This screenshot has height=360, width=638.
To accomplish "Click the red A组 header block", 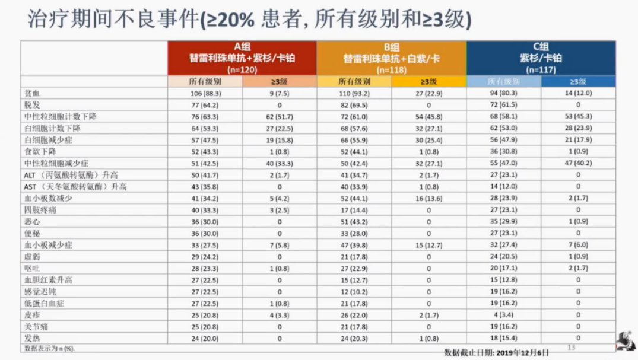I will click(x=242, y=58).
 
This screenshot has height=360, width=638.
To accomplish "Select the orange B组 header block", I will click(x=391, y=58).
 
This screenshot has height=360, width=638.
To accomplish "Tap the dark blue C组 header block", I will click(x=540, y=58).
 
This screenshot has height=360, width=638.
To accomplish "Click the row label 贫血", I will click(x=33, y=93).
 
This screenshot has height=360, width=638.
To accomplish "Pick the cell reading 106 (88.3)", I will click(x=205, y=93).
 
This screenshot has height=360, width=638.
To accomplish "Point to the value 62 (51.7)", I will click(x=279, y=117).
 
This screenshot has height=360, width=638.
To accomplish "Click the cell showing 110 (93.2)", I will click(x=354, y=93).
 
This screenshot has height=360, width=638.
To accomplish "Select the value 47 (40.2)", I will click(x=578, y=163).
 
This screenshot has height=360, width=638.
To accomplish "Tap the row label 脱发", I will click(x=33, y=105).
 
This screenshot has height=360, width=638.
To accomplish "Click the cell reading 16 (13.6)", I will click(x=428, y=198).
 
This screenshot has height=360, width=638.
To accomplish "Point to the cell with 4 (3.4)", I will click(x=503, y=315).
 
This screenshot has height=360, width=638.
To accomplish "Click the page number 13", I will click(x=572, y=347).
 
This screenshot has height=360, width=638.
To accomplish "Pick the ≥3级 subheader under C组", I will click(x=578, y=82).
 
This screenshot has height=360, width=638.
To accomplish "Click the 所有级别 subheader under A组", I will click(x=205, y=82).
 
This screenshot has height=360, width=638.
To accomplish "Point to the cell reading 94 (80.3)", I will click(x=503, y=93).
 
